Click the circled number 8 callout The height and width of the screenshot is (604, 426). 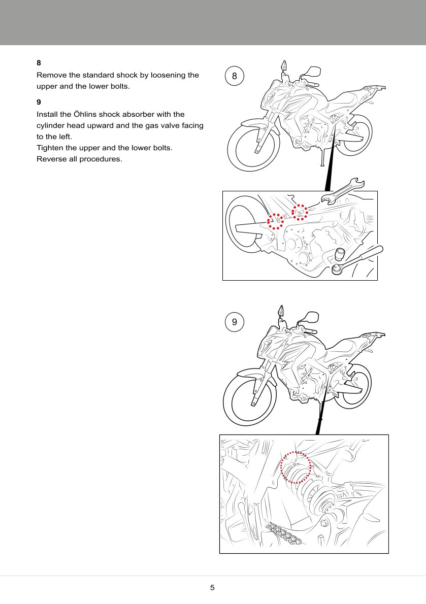(x=234, y=77)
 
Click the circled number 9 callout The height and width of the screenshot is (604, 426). (x=234, y=322)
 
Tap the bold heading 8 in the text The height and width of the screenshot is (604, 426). (x=39, y=63)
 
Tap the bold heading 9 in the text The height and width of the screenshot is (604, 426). (x=39, y=102)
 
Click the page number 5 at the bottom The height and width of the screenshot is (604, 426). (x=212, y=588)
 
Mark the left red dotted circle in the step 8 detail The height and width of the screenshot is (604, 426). (x=275, y=221)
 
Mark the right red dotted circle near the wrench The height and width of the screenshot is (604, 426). (x=300, y=212)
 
